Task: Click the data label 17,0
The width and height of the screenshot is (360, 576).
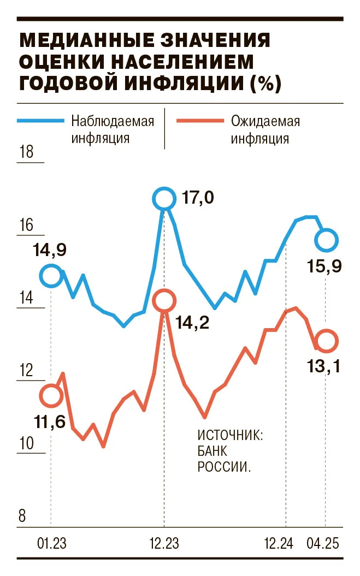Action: click(198, 198)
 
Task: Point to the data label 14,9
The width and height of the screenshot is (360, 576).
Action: click(50, 250)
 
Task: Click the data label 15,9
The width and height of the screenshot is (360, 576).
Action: click(324, 266)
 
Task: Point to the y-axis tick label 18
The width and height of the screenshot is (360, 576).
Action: click(26, 152)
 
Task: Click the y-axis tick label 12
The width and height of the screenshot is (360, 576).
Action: click(26, 370)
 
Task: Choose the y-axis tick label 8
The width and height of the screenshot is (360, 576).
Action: click(22, 516)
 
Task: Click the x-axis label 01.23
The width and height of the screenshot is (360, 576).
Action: click(51, 543)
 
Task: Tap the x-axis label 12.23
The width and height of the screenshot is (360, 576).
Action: click(164, 543)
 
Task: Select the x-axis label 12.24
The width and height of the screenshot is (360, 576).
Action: click(279, 543)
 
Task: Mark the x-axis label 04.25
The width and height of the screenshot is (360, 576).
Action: click(323, 543)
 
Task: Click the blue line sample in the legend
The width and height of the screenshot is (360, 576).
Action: click(41, 121)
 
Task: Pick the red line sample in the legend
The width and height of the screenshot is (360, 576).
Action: click(200, 121)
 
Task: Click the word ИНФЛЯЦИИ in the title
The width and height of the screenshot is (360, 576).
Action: click(184, 82)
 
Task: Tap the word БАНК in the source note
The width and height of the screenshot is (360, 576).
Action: click(212, 451)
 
